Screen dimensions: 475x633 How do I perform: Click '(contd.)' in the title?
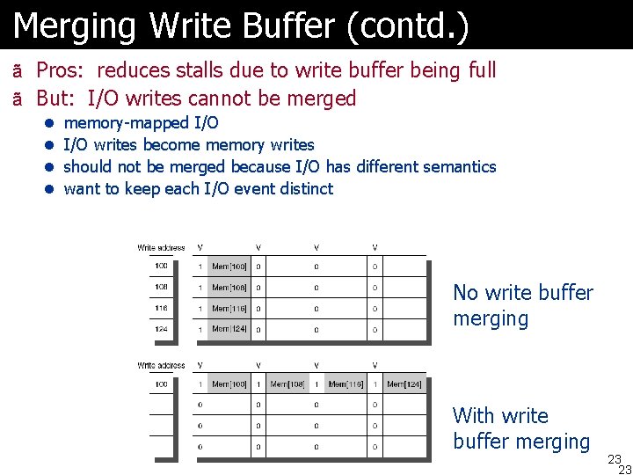point(408,26)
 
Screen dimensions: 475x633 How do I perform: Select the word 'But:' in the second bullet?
point(59,99)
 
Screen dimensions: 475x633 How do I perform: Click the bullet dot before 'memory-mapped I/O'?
point(51,123)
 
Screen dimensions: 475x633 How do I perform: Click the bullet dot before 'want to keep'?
point(51,189)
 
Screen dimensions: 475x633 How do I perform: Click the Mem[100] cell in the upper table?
point(229,267)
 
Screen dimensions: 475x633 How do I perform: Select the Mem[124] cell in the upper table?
point(229,330)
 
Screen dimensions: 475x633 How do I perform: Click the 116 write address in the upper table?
point(161,309)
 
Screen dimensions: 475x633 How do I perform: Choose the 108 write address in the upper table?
point(161,288)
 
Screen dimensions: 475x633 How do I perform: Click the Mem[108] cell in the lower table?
point(287,384)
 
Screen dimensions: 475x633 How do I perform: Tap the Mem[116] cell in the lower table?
point(346,384)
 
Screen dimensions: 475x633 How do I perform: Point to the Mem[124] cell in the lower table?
point(404,384)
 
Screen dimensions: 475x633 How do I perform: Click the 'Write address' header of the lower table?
point(161,365)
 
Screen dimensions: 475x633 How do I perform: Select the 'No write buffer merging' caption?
point(522,305)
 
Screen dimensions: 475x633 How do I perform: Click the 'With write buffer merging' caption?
point(520,428)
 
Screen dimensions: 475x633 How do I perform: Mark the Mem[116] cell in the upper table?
point(229,309)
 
